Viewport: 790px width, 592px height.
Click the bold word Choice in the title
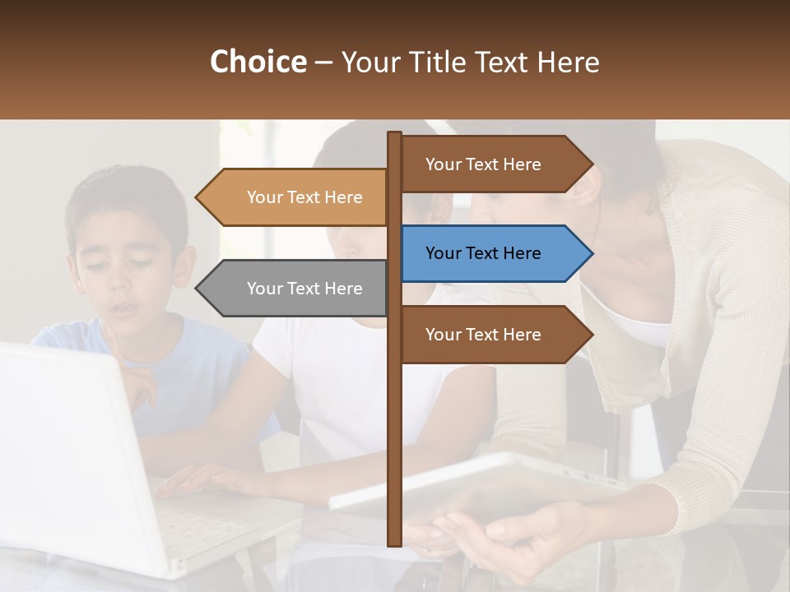point(258,62)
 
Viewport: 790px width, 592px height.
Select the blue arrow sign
point(486,253)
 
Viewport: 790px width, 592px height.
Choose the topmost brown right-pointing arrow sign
point(486,164)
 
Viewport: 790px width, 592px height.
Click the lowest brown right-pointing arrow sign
point(486,335)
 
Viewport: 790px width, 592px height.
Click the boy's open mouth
point(124,309)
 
